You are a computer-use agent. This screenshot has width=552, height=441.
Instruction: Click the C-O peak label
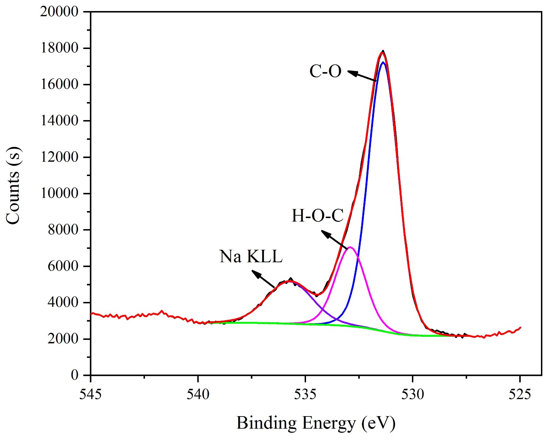pos(325,71)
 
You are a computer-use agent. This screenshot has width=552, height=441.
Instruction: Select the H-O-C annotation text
pos(317,216)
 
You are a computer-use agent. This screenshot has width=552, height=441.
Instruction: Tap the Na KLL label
pos(251,257)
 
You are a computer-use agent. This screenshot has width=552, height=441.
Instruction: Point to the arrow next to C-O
pos(362,76)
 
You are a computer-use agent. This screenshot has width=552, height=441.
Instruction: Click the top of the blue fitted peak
pos(383,62)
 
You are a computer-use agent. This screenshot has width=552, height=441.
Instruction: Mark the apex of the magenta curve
pos(350,247)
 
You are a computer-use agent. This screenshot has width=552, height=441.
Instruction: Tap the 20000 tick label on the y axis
pos(59,12)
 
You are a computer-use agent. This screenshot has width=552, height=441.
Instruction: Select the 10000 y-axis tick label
pos(59,194)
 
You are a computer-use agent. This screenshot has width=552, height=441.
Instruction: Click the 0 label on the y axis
pos(75,375)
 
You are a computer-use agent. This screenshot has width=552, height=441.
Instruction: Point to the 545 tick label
pos(90,394)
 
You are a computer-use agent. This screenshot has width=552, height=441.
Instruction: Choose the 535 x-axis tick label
pos(305,394)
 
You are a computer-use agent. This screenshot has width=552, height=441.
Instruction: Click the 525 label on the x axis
pos(520,394)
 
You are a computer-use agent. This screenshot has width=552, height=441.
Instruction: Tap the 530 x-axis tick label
pos(413,394)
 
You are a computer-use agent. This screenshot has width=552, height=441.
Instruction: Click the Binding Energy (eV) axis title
pos(316,423)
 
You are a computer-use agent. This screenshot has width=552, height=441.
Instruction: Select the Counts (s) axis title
pos(14,185)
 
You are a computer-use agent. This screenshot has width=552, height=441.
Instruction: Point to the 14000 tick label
pos(59,121)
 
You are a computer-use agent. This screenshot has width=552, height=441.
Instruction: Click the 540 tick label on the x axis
pos(198,394)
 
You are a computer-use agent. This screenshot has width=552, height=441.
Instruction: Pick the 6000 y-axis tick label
pos(63,266)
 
